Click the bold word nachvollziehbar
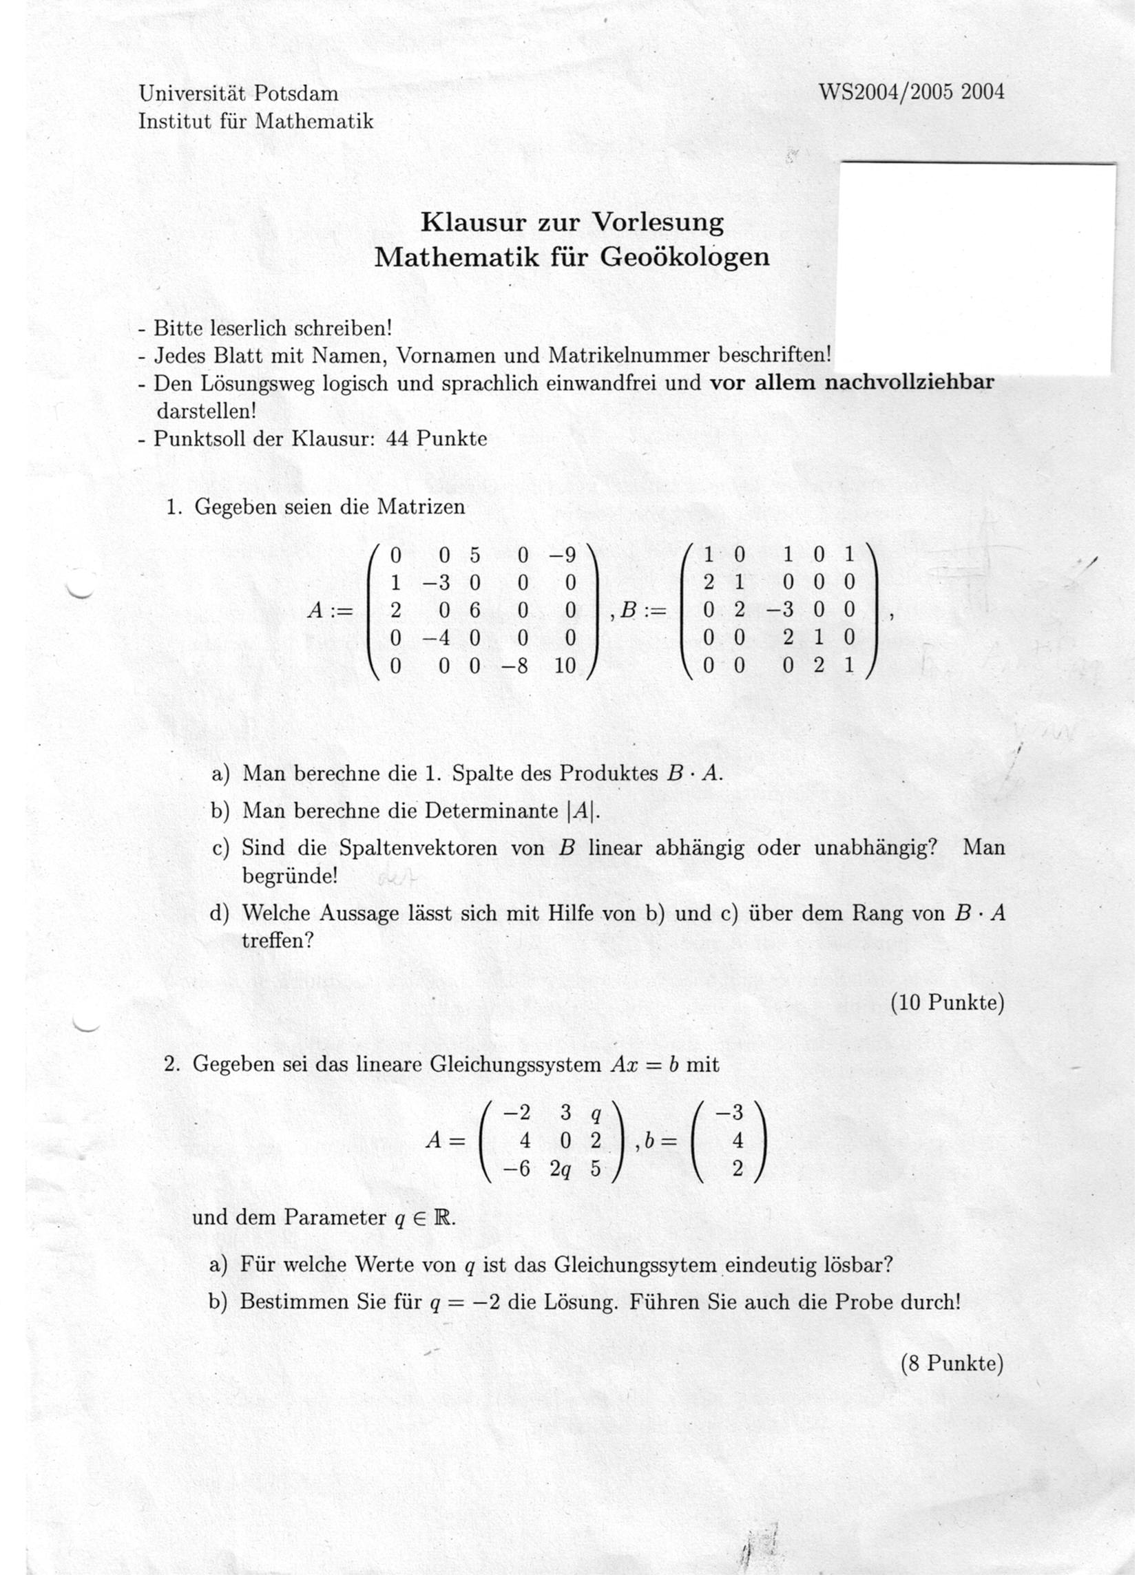[x=909, y=383]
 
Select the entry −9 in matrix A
[x=562, y=555]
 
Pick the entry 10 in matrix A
[x=565, y=666]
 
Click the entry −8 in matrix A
[x=514, y=666]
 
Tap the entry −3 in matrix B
[x=781, y=610]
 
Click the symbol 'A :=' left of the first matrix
[x=330, y=611]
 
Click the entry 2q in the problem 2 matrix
[x=561, y=1169]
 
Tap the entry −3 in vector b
[x=730, y=1112]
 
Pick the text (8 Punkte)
[x=952, y=1364]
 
